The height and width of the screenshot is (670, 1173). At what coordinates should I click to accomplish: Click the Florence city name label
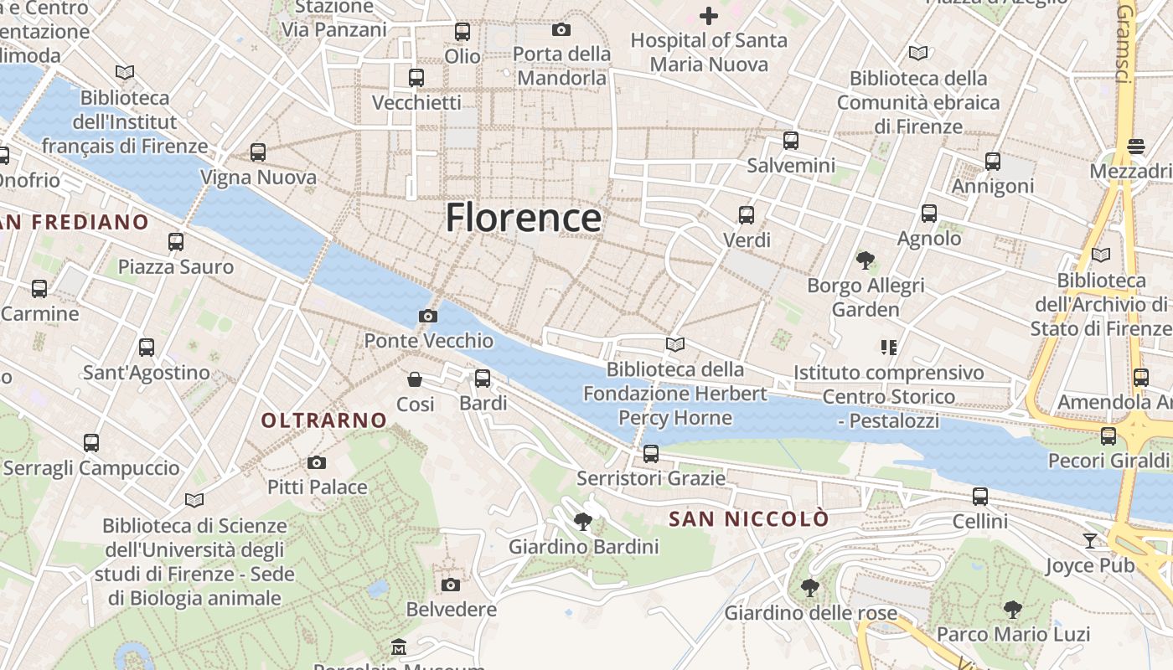coord(523,218)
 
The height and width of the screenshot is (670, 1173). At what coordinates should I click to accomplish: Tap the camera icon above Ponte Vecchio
coord(428,316)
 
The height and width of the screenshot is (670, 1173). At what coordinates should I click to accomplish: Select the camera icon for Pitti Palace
coord(317,462)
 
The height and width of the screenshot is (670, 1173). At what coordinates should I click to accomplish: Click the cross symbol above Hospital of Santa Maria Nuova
coord(709,15)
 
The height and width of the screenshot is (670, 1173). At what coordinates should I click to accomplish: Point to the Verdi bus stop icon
coord(747,215)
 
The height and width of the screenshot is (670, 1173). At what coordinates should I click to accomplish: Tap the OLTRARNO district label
coord(324,420)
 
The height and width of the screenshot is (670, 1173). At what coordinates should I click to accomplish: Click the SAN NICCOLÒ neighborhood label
coord(749,519)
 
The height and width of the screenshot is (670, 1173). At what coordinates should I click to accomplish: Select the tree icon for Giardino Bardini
coord(583,523)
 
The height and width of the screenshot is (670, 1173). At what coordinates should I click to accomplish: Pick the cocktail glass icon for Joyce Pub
coord(1089,541)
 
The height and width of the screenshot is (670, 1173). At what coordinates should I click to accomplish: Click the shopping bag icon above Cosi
coord(415,379)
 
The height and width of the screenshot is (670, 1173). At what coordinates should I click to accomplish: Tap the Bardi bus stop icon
coord(483,379)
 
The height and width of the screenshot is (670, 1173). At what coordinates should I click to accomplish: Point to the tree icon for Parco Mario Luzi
coord(1013,609)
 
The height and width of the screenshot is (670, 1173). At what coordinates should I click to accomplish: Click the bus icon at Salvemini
coord(791,141)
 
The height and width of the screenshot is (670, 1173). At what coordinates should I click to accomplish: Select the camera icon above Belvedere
coord(451,585)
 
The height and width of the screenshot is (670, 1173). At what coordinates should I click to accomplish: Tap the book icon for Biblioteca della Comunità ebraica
coord(918,54)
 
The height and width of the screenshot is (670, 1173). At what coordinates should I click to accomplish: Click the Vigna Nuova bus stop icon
coord(258,152)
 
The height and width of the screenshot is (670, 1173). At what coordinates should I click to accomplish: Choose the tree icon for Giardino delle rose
coord(809,588)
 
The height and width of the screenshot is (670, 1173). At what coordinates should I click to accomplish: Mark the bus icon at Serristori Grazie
coord(651,454)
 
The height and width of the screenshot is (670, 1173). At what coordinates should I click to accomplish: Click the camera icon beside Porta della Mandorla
coord(561,30)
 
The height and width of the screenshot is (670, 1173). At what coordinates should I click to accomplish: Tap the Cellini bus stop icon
coord(980,497)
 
